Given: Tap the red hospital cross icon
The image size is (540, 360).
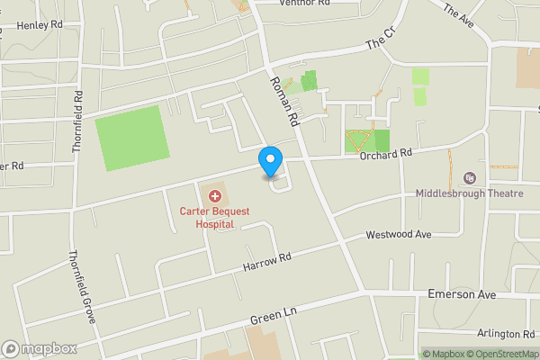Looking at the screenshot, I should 214,195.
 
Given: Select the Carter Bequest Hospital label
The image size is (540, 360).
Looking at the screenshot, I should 215,217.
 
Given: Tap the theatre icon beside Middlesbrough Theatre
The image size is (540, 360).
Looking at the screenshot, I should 467,178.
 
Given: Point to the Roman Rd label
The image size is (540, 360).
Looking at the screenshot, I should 283,98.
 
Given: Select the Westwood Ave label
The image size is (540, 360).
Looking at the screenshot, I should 399,235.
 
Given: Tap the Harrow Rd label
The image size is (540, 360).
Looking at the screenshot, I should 267,263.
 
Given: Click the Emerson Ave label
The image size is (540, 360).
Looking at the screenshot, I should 462,294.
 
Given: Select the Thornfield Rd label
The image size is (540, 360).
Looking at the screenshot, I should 78,121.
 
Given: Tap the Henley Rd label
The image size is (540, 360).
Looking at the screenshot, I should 37,26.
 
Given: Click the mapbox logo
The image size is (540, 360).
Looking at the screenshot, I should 40,348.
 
